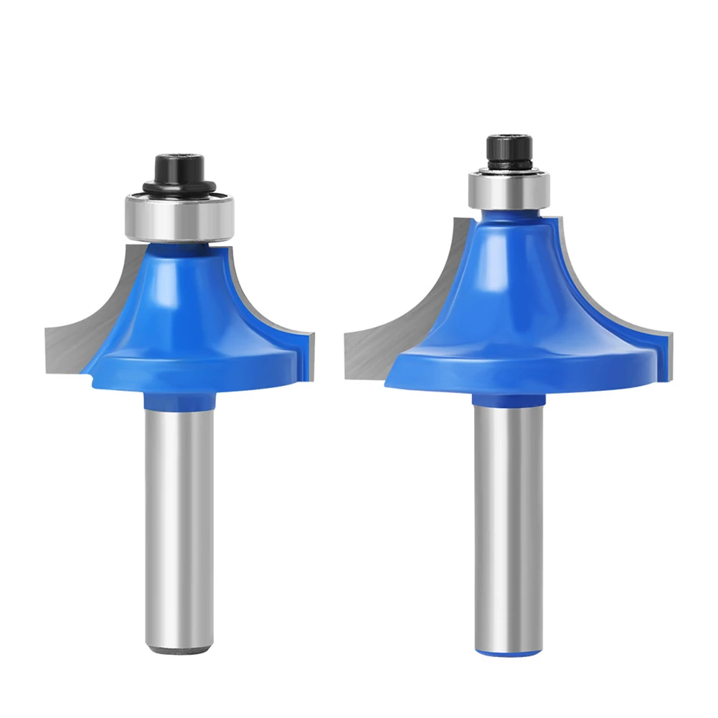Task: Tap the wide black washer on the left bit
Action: (179, 187)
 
